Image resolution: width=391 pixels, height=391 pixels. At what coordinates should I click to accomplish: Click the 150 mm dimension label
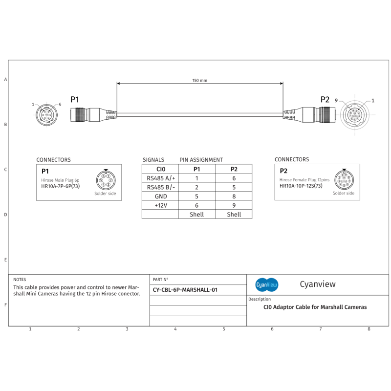[199, 80]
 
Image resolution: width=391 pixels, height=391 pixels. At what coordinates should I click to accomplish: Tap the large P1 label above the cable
[75, 99]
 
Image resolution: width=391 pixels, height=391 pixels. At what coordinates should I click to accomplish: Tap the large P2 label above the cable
[325, 99]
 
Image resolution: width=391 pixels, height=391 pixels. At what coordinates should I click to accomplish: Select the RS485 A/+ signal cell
[161, 178]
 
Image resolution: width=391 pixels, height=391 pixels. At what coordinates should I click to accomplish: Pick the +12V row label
[161, 205]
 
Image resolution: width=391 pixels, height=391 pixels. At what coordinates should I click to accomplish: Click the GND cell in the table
[161, 196]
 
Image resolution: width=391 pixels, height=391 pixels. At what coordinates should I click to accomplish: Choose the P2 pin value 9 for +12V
[234, 205]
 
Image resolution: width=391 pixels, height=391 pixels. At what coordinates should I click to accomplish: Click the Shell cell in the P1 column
[196, 214]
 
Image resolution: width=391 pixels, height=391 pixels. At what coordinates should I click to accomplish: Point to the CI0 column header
[161, 169]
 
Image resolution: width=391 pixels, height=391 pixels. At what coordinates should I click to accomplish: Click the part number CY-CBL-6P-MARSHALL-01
[185, 289]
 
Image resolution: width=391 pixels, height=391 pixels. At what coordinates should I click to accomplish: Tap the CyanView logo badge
[267, 284]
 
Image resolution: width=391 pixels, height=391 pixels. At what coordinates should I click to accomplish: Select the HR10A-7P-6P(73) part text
[60, 186]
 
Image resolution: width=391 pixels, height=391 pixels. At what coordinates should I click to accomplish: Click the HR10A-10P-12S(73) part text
[301, 186]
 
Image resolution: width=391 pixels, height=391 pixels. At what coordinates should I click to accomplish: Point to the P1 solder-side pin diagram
[106, 180]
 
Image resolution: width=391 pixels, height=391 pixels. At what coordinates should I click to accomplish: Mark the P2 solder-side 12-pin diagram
[344, 179]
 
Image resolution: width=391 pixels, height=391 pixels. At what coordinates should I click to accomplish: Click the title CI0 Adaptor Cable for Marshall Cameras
[315, 307]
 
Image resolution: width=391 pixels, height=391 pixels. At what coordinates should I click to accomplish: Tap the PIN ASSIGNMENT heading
[201, 160]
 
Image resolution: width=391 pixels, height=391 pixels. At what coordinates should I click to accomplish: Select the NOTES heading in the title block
[20, 280]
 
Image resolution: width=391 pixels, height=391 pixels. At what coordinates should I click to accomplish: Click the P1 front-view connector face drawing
[47, 115]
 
